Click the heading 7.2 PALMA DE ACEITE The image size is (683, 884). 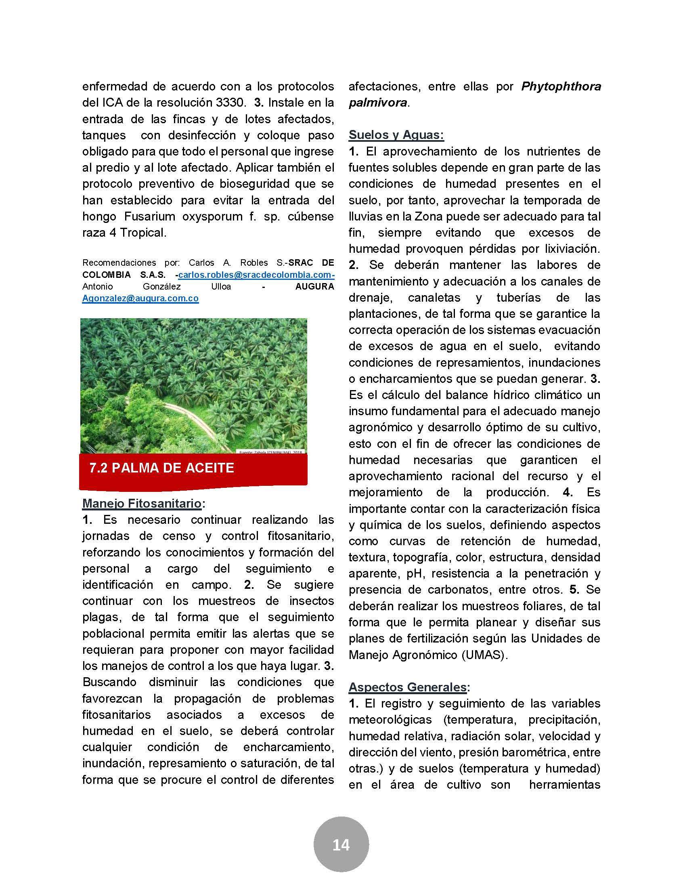(x=162, y=468)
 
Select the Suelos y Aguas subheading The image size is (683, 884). (x=396, y=135)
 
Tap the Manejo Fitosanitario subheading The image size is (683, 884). (x=142, y=503)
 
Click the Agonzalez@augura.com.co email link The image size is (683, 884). (x=140, y=298)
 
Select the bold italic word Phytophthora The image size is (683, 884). (x=561, y=86)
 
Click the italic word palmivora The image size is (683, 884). (x=378, y=103)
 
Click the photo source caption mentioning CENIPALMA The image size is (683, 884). (x=270, y=451)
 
